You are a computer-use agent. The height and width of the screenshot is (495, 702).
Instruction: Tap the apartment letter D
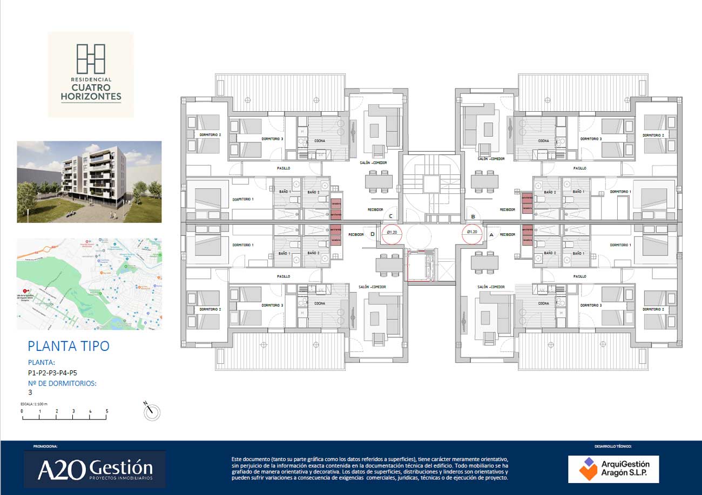(x=373, y=234)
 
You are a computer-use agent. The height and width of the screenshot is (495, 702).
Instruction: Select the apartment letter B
(x=473, y=216)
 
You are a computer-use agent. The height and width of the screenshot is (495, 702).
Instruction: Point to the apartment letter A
(x=491, y=235)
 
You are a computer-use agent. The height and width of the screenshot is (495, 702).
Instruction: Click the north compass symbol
(x=152, y=412)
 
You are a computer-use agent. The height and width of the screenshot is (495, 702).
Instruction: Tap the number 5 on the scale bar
(x=107, y=411)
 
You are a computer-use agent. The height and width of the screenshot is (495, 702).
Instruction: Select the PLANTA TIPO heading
(x=69, y=345)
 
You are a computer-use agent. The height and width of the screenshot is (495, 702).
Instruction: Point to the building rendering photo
(x=89, y=182)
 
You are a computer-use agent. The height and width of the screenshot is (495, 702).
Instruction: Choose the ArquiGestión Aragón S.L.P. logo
(x=613, y=469)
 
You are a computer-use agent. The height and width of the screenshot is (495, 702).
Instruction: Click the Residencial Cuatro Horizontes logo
(x=91, y=74)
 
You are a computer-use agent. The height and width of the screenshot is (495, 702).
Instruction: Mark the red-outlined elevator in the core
(x=422, y=266)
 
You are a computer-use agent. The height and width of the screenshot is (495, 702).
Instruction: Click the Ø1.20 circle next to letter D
(x=393, y=232)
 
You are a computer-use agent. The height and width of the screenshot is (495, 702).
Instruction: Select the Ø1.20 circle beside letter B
(x=472, y=232)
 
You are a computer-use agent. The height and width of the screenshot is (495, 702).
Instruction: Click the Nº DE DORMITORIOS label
(x=62, y=383)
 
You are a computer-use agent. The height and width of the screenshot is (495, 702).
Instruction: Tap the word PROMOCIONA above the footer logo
(x=45, y=446)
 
